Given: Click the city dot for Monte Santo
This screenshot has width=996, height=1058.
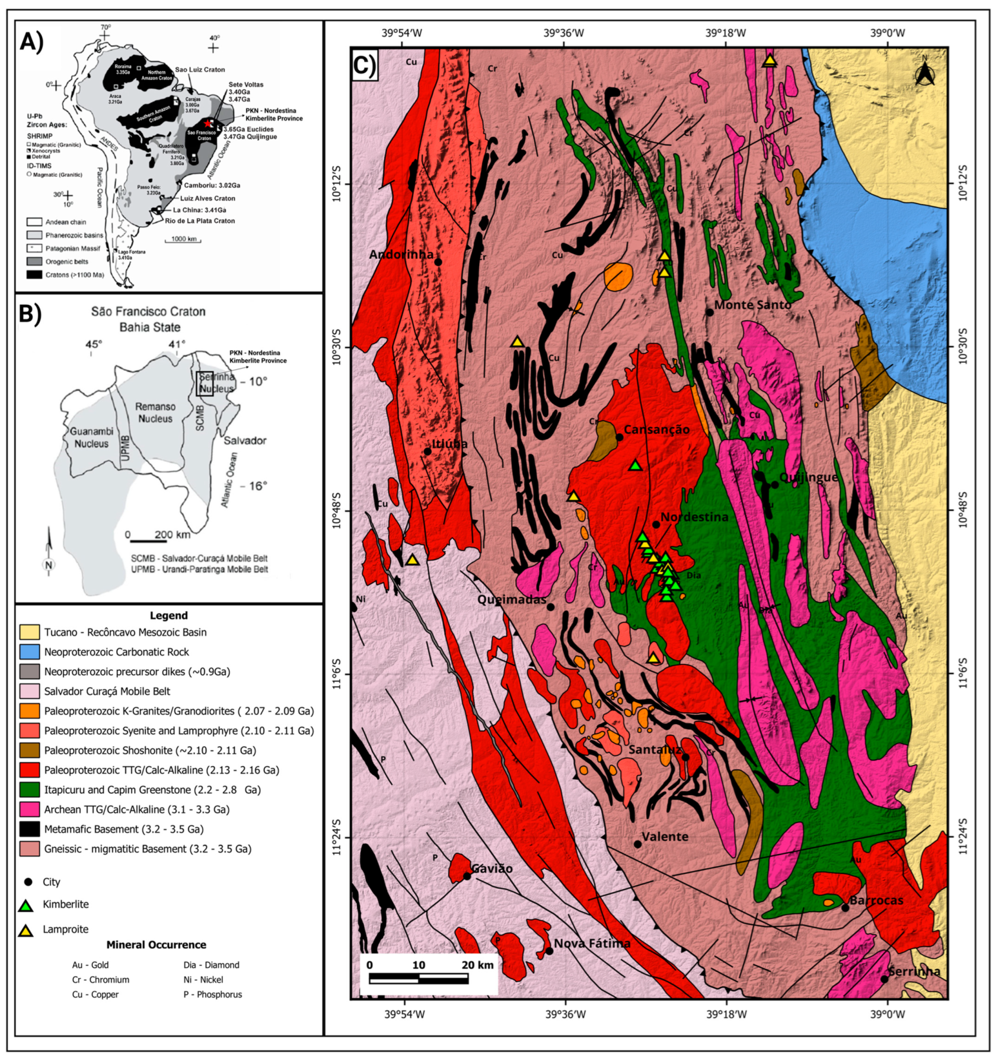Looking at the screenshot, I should tap(710, 313).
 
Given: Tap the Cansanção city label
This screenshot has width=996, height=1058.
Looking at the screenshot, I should tap(657, 430).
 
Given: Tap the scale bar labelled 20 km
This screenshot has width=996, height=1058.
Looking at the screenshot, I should tap(419, 978).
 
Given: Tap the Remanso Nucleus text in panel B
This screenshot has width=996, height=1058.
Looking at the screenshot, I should tap(155, 412).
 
